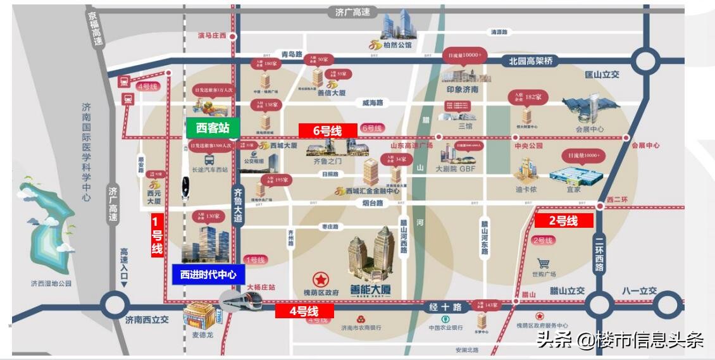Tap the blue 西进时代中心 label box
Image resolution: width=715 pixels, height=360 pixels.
[x=208, y=275]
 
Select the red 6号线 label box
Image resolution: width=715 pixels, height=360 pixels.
[x=328, y=131]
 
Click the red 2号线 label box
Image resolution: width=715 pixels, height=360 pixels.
[x=563, y=221]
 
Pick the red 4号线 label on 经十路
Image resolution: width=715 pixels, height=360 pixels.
[x=304, y=311]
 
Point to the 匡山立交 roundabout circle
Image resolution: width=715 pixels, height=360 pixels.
[x=645, y=61]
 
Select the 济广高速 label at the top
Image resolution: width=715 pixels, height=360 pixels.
[x=353, y=12]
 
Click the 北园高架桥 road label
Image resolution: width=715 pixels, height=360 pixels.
[x=531, y=61]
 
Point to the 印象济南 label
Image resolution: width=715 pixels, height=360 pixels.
[x=463, y=90]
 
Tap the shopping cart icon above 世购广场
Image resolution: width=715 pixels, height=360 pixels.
[x=543, y=263]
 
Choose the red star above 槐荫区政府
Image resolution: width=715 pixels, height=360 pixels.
[x=321, y=279]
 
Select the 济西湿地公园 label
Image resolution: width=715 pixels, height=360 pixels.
[x=51, y=283]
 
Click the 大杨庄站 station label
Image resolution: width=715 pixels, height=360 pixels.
[x=261, y=287]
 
